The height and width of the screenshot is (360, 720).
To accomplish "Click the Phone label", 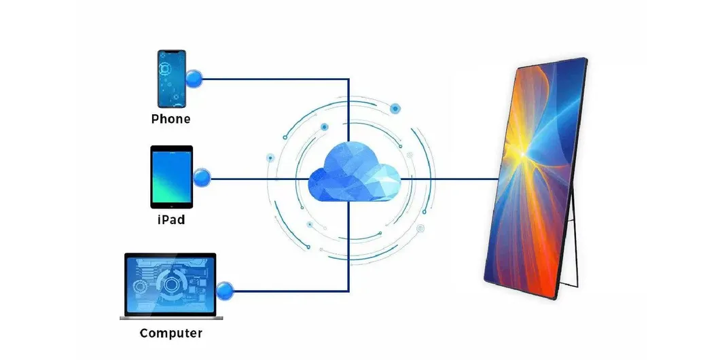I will pos(170,120).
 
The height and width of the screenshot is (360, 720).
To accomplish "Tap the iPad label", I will pos(170,220).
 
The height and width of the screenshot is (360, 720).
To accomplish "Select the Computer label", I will pos(170,334).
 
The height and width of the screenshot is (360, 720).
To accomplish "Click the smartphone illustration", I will pos(171,79).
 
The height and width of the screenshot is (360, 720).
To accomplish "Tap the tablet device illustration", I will pos(171,177).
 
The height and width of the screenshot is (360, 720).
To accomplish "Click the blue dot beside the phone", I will pos(194,79).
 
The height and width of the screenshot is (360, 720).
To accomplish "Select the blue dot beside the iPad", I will pos(202,179).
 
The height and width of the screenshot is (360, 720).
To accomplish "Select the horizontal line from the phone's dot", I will pos(272,79).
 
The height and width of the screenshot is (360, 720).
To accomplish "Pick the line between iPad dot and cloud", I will pos(258,179).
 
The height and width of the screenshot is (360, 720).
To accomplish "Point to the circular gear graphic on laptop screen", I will pos(168,283).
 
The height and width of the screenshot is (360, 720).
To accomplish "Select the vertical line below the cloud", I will pos(348,251).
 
